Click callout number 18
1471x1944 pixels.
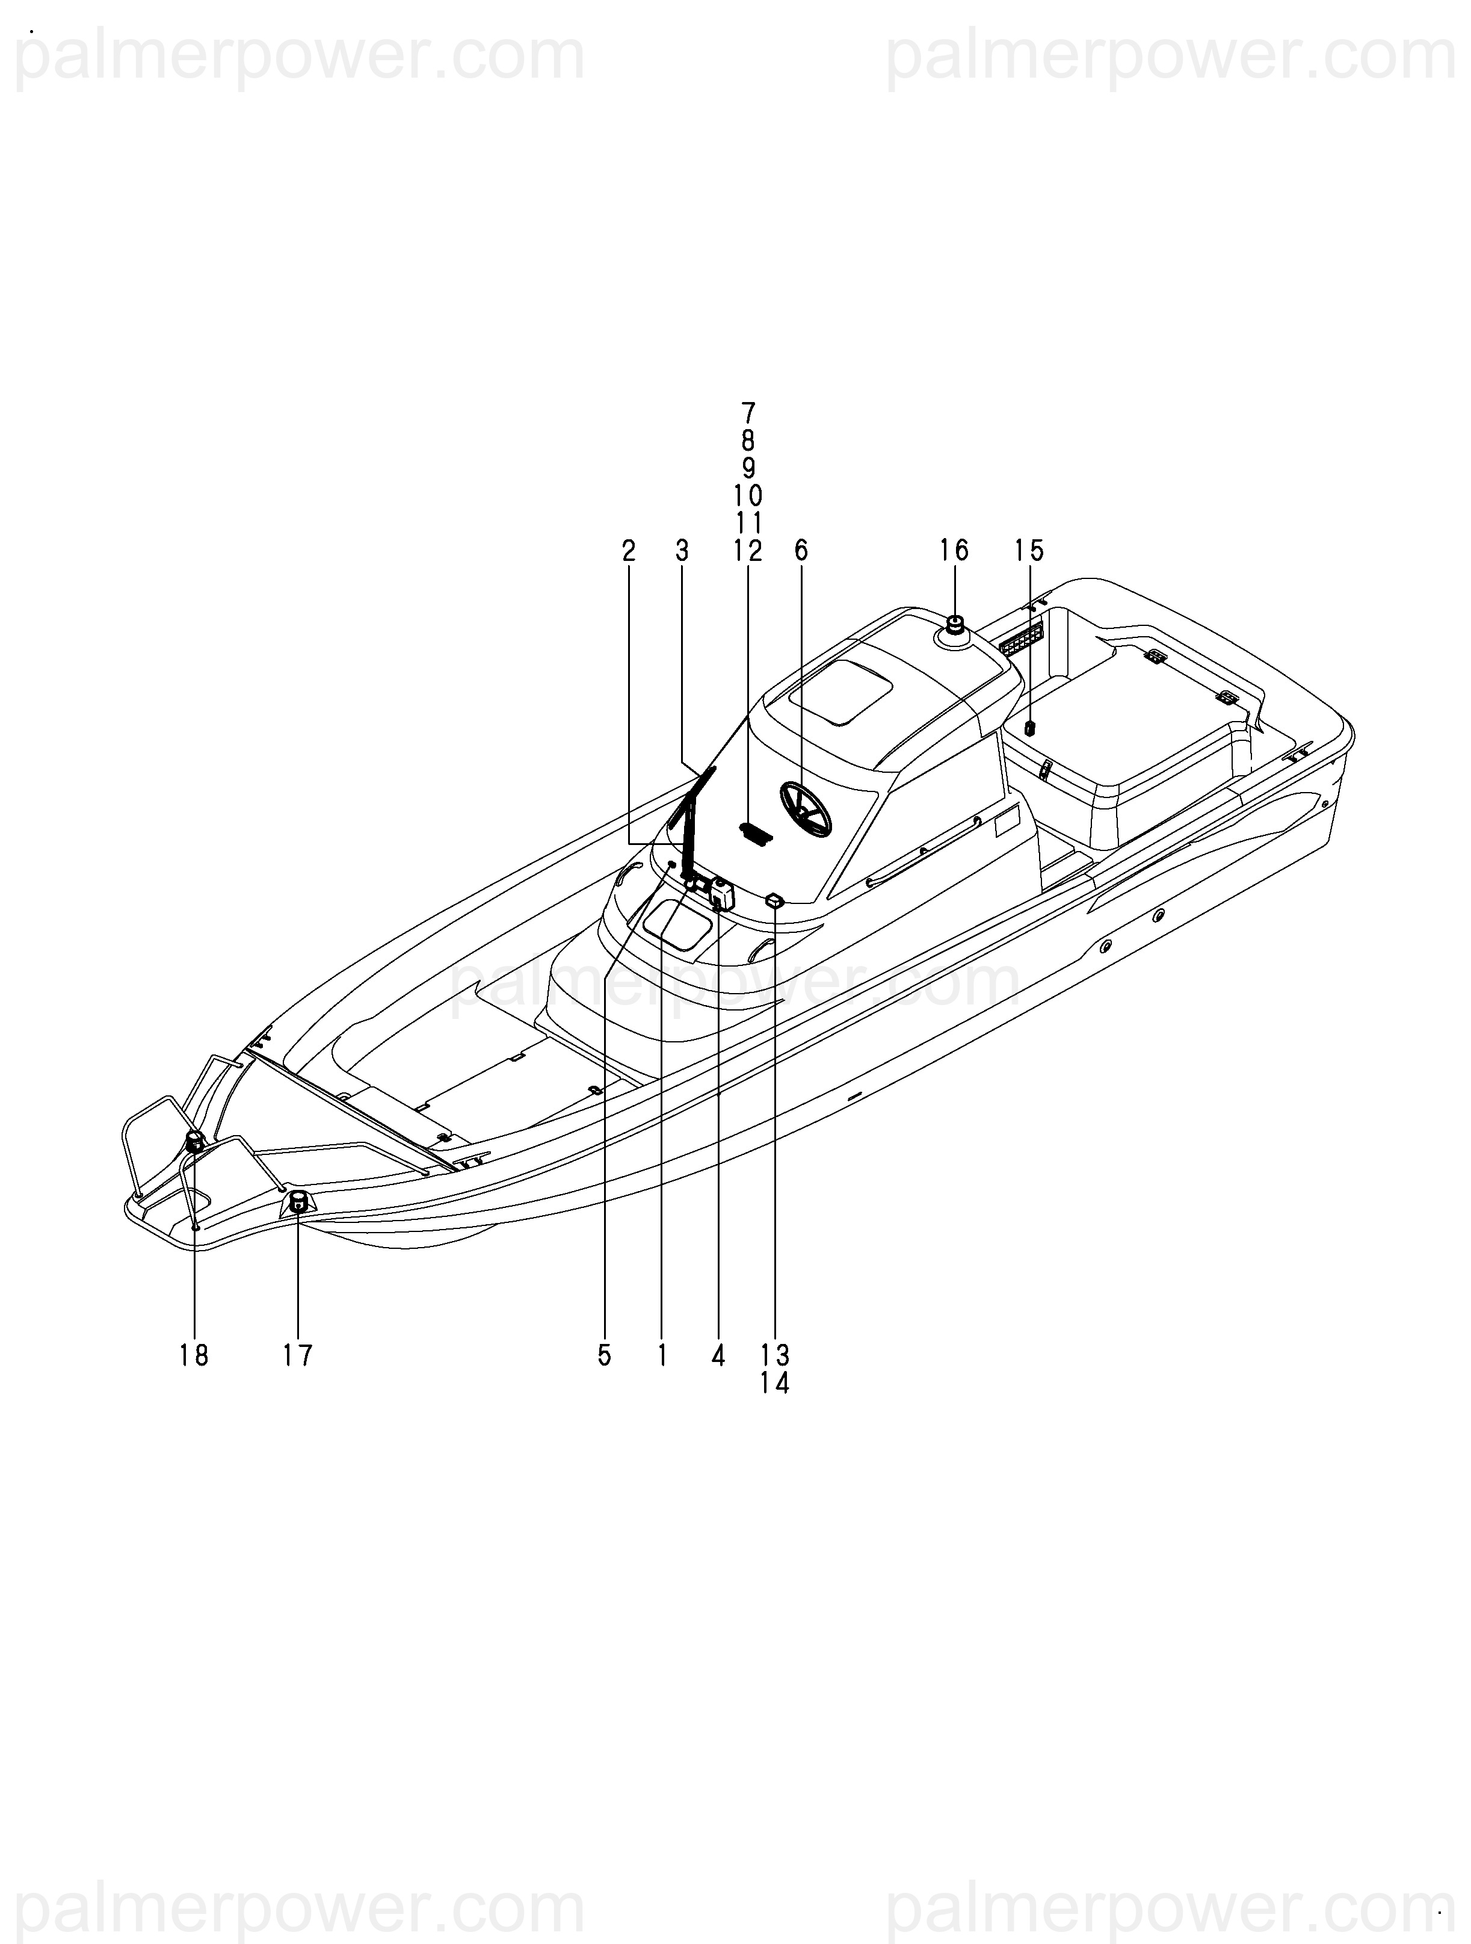[194, 1356]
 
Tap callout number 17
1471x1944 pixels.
[298, 1356]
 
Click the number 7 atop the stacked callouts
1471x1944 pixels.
[748, 412]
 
